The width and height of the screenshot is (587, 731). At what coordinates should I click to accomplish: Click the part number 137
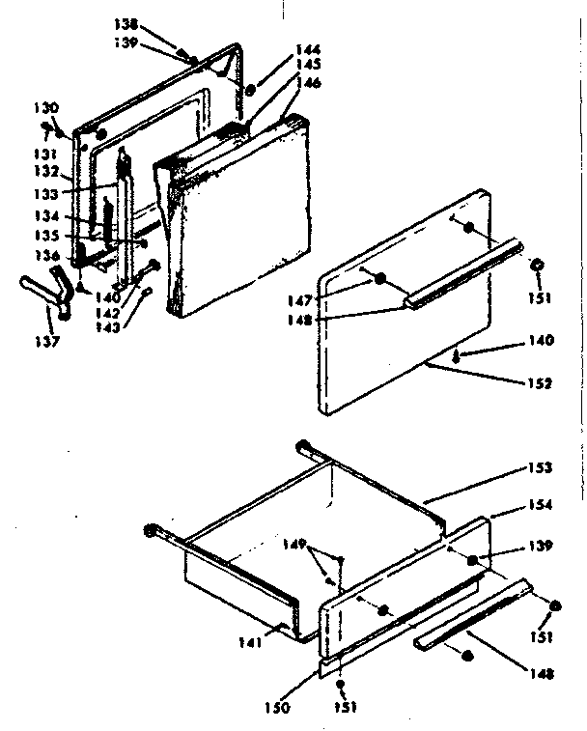[x=46, y=341]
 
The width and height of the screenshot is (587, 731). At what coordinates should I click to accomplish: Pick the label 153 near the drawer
[x=540, y=468]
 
